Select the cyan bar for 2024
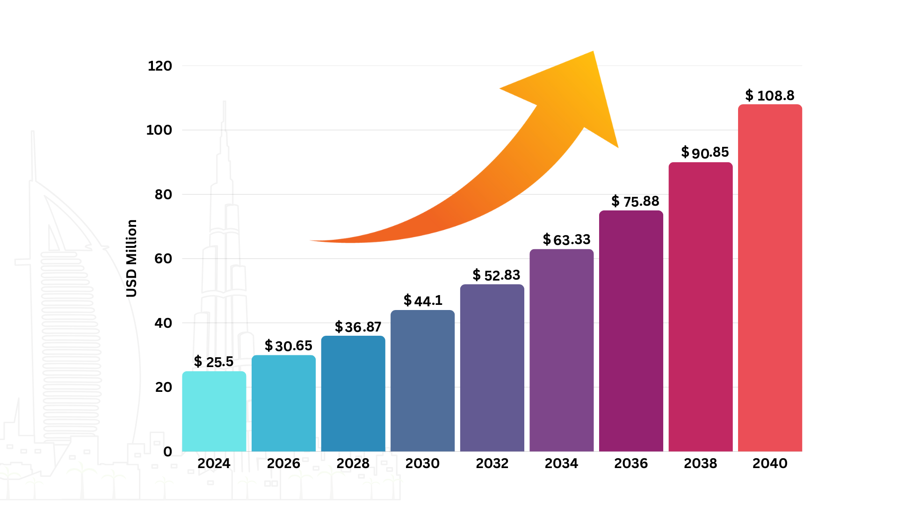[214, 411]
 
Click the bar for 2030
[422, 381]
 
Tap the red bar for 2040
[770, 278]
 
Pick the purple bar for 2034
[561, 350]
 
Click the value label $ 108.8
[770, 95]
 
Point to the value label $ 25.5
[214, 361]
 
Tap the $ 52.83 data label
[496, 275]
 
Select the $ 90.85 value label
[705, 152]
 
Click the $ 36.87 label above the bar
[358, 327]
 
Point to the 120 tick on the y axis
[159, 66]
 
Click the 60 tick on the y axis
[163, 259]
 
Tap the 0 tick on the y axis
[167, 452]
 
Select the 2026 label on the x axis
[283, 463]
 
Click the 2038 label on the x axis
[700, 463]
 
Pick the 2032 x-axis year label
[492, 463]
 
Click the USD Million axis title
[131, 258]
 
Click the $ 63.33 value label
[566, 240]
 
